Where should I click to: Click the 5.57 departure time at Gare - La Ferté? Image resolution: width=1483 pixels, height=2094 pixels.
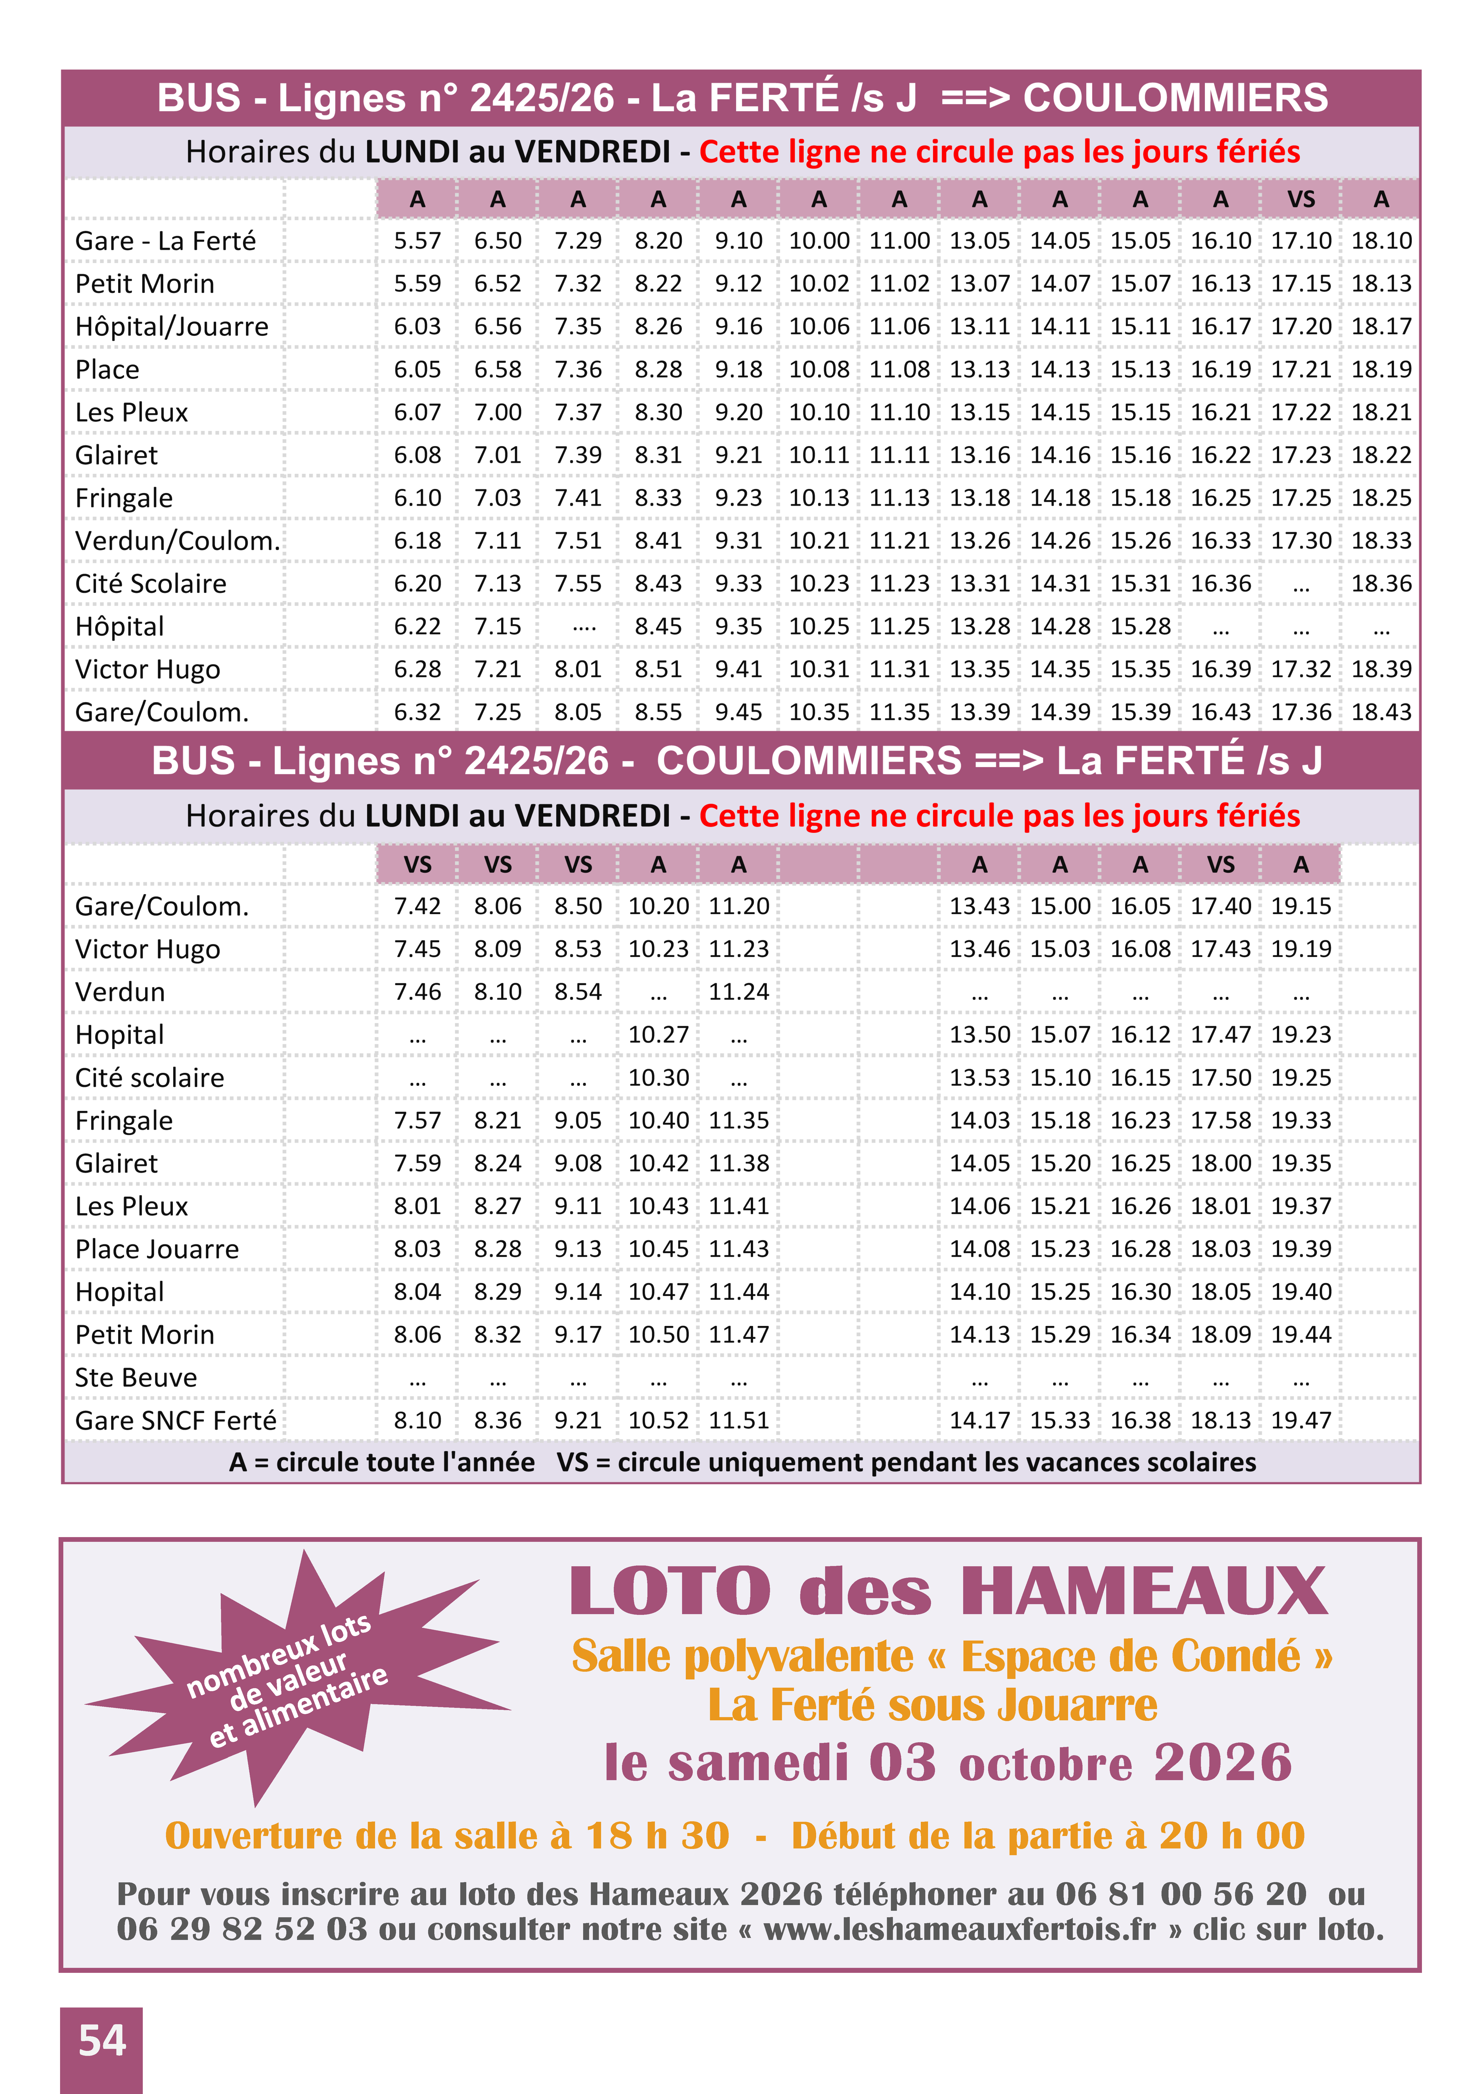coord(417,241)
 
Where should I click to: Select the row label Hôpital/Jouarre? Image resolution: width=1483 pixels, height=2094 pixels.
coord(172,327)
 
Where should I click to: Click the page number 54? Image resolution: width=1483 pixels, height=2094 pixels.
coord(101,2041)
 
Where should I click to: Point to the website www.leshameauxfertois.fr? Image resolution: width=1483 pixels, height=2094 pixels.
coord(959,1930)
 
